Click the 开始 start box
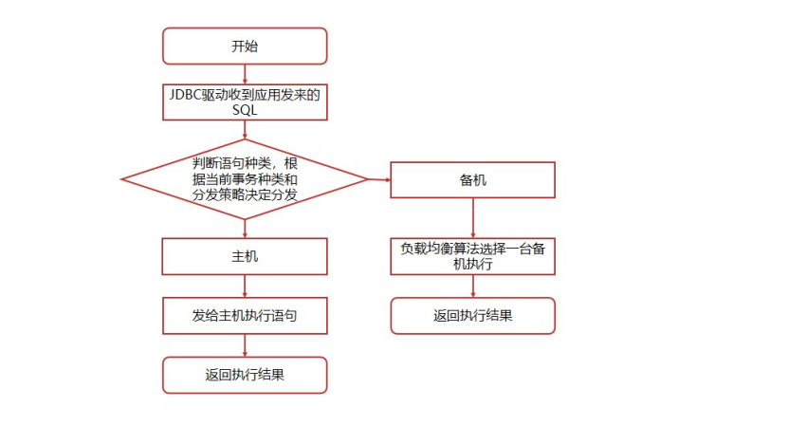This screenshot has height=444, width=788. pos(245,46)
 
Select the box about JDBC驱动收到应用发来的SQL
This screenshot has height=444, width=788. pos(245,102)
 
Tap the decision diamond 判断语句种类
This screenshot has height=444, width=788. pos(245,178)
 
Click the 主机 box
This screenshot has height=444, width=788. pos(245,256)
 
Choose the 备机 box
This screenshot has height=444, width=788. pos(472,180)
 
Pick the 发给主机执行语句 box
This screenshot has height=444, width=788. pos(245,315)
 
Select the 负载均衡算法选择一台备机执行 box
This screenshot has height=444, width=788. pos(472,256)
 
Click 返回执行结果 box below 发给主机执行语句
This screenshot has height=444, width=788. pos(245,375)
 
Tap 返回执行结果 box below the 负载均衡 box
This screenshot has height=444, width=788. pos(472,315)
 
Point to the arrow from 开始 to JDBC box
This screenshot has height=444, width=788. pos(245,74)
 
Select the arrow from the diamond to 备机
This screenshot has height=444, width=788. pos(379,179)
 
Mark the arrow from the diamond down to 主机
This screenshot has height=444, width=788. pos(245,228)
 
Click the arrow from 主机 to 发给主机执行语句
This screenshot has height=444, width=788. pos(245,286)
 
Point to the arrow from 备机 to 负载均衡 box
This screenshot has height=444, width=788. pos(472,218)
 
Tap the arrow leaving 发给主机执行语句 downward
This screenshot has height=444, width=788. pos(245,345)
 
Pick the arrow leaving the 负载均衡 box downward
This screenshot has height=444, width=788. pos(472,286)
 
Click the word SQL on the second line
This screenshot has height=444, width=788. pos(245,110)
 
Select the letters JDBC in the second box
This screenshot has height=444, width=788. pos(184,94)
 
